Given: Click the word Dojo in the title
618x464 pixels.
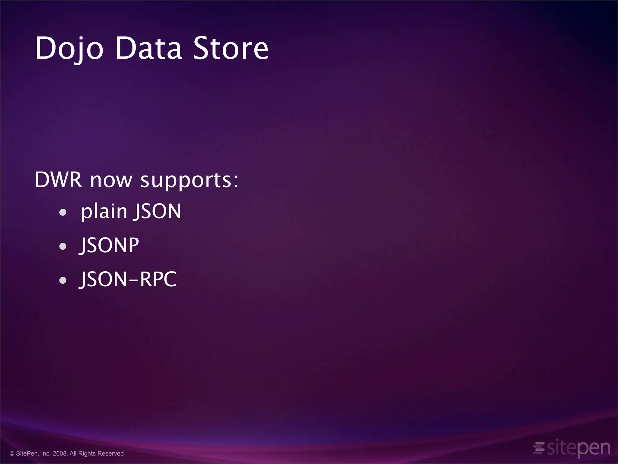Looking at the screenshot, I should [x=69, y=48].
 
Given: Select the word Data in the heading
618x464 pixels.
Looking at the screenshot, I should [x=148, y=48].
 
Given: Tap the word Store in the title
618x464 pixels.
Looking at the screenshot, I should [x=231, y=48].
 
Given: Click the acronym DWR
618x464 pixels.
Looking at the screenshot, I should [x=58, y=180].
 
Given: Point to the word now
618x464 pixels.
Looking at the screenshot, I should [x=111, y=181].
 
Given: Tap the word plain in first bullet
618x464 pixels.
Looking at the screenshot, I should [x=104, y=211].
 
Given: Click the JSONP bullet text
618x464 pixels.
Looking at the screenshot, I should [x=109, y=245].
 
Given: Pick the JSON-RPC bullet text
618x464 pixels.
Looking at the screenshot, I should [x=128, y=279].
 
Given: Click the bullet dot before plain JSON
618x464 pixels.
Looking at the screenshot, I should [x=63, y=212].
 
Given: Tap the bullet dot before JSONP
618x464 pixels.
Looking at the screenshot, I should [x=63, y=246].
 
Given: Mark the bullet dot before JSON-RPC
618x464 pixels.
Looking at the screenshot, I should [x=63, y=280].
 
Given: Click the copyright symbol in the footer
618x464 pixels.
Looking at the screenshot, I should [x=12, y=453].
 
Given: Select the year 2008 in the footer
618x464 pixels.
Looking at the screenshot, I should [x=60, y=453].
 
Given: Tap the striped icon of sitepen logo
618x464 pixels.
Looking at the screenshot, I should [x=539, y=448].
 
